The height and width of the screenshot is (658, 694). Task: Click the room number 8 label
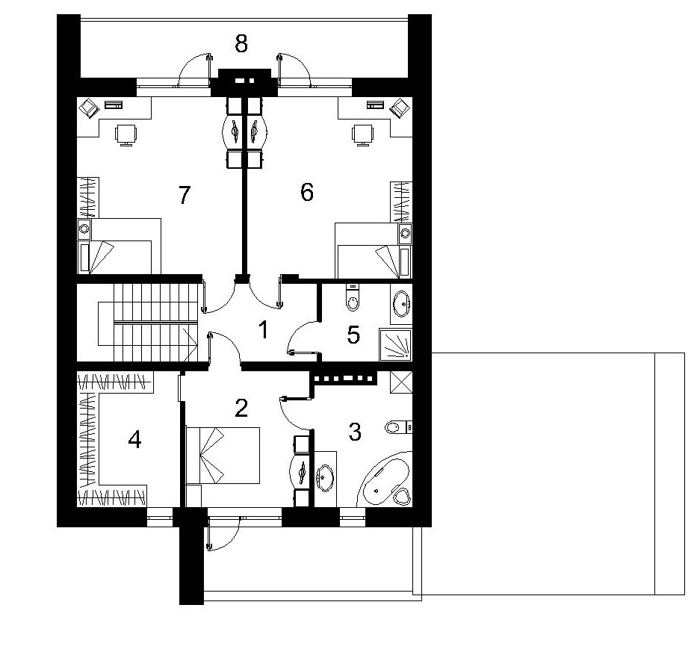pyautogui.click(x=241, y=44)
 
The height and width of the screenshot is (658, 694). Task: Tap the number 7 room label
pyautogui.click(x=184, y=195)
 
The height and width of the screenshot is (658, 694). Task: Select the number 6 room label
pyautogui.click(x=307, y=193)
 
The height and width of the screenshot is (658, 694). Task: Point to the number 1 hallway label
pyautogui.click(x=264, y=330)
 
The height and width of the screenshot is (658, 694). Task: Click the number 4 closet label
pyautogui.click(x=134, y=439)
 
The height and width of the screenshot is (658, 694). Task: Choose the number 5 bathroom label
pyautogui.click(x=353, y=335)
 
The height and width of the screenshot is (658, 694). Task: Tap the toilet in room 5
pyautogui.click(x=353, y=297)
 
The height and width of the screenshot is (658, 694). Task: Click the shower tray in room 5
pyautogui.click(x=395, y=344)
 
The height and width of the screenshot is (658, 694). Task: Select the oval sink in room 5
pyautogui.click(x=402, y=303)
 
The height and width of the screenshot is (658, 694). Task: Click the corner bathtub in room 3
pyautogui.click(x=385, y=479)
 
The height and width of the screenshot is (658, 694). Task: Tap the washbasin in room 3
pyautogui.click(x=325, y=477)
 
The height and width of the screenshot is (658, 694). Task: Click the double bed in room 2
pyautogui.click(x=223, y=456)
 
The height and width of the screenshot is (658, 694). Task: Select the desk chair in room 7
pyautogui.click(x=126, y=134)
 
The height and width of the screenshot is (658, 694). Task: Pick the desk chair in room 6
pyautogui.click(x=363, y=134)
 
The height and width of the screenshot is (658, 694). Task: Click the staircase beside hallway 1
pyautogui.click(x=147, y=323)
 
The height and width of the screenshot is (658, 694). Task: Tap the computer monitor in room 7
pyautogui.click(x=90, y=108)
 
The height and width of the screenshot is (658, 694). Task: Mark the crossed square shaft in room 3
pyautogui.click(x=401, y=382)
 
